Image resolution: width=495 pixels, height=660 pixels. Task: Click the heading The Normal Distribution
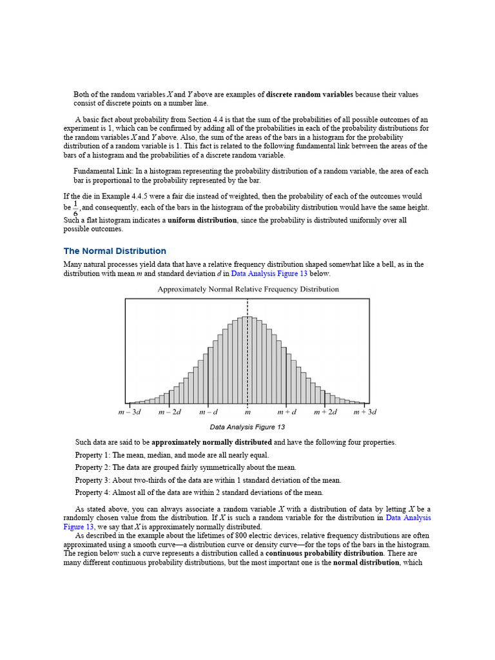tap(115, 251)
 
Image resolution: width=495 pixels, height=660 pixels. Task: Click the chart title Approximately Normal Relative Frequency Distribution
tap(248, 289)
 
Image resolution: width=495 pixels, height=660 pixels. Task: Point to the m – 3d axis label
tap(130, 412)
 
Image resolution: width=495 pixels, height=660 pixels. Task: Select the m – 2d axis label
tap(170, 412)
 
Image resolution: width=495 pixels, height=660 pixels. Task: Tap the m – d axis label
tap(208, 412)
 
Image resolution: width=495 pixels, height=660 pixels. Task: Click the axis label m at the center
tap(247, 412)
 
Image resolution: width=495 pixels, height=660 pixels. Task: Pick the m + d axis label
tap(287, 412)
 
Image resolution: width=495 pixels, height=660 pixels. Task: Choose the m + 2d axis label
tap(325, 412)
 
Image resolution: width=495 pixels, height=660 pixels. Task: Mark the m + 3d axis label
tap(364, 412)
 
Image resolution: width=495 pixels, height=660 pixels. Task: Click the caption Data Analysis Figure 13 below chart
tap(247, 427)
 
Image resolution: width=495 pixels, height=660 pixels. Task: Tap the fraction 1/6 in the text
tap(77, 208)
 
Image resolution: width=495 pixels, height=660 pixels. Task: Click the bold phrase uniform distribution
tap(202, 220)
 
